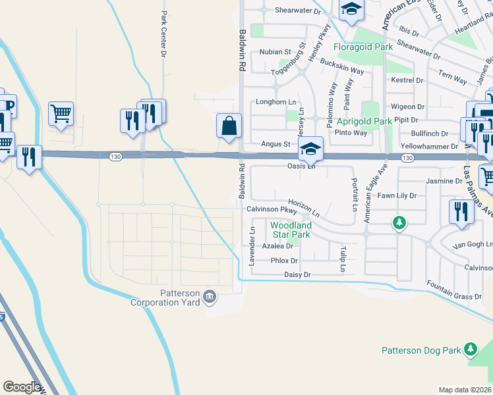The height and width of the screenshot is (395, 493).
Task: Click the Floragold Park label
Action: click(362, 47)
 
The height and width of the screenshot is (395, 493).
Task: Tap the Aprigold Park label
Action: click(364, 122)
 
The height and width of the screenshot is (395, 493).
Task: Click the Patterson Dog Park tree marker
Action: click(470, 348)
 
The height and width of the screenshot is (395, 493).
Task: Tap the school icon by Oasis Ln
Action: click(310, 149)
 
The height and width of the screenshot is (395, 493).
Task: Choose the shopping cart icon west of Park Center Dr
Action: click(61, 113)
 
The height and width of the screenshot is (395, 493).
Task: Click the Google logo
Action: click(22, 387)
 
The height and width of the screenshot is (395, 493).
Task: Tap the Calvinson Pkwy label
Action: click(272, 209)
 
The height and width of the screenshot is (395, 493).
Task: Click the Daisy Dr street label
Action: click(297, 274)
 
